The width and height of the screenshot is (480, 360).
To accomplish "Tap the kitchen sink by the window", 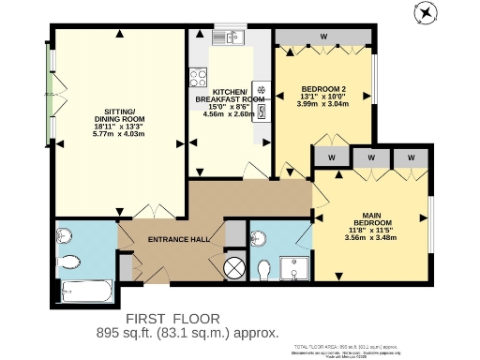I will coord(226,37).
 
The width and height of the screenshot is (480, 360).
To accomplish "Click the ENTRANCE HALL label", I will coord(178,240).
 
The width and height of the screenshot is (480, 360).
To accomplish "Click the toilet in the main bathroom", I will coord(67,259).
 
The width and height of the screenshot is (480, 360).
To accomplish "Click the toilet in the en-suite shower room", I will coord(265,270).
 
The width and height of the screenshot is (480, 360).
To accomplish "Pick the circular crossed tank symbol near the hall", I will coord(234,269).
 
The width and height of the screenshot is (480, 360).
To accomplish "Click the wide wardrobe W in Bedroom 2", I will coord(323,37).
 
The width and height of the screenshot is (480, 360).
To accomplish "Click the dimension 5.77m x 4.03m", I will coord(119,134).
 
